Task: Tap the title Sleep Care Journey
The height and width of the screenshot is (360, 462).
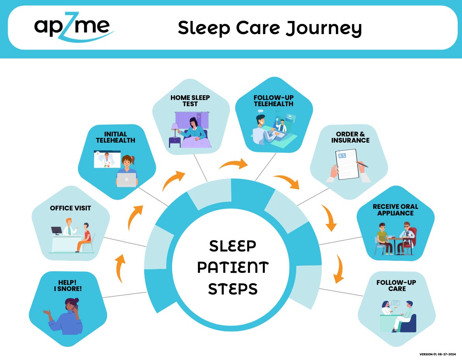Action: point(270,28)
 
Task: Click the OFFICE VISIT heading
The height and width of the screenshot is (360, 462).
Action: point(71,208)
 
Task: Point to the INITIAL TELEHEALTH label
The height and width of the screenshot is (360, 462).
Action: point(116,137)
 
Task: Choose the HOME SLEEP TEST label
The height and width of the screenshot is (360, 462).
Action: point(190,101)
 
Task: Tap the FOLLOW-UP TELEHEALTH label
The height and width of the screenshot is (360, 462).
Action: point(273,101)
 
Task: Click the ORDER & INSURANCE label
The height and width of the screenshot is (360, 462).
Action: point(350,137)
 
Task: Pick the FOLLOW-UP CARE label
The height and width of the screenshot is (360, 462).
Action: point(396,286)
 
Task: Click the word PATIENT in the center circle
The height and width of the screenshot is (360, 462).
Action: point(233,267)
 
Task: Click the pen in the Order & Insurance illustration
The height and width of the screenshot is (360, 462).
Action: point(363,164)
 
